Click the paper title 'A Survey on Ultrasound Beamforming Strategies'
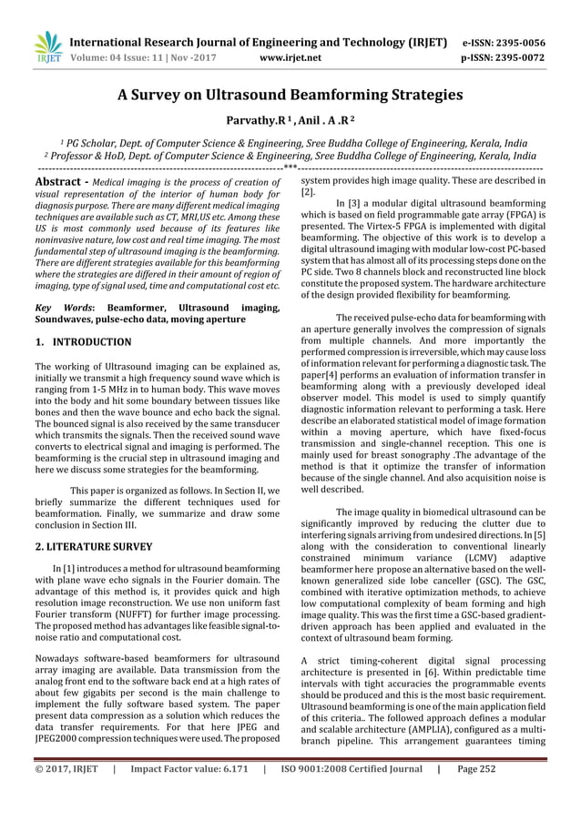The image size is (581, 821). pos(290,94)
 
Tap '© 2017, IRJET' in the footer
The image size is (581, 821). pos(66,793)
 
